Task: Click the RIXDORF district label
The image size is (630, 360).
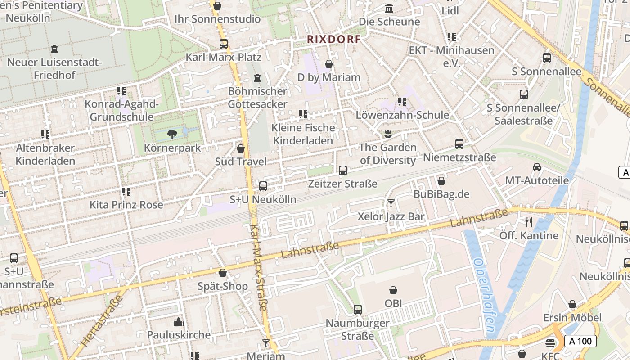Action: click(334, 39)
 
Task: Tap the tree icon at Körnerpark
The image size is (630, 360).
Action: click(172, 134)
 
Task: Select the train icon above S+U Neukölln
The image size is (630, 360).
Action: click(263, 186)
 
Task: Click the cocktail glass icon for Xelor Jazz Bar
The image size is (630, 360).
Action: click(391, 203)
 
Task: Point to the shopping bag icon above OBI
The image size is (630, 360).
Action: click(393, 290)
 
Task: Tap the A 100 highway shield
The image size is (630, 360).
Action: click(580, 341)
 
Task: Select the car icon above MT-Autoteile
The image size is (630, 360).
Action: click(536, 167)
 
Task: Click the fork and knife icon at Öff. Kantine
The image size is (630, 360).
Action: click(529, 222)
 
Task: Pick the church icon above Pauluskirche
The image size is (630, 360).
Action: click(179, 322)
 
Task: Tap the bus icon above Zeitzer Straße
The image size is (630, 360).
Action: click(343, 171)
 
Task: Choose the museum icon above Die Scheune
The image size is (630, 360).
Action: click(389, 9)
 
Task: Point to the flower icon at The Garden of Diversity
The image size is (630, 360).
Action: click(387, 134)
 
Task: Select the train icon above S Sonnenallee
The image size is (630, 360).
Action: click(547, 58)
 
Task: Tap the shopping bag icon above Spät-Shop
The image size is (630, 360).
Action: click(223, 273)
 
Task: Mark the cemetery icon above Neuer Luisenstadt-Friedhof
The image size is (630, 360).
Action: click(54, 49)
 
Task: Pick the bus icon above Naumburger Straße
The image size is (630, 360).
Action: click(358, 310)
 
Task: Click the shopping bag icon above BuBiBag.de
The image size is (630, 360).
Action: click(441, 181)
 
